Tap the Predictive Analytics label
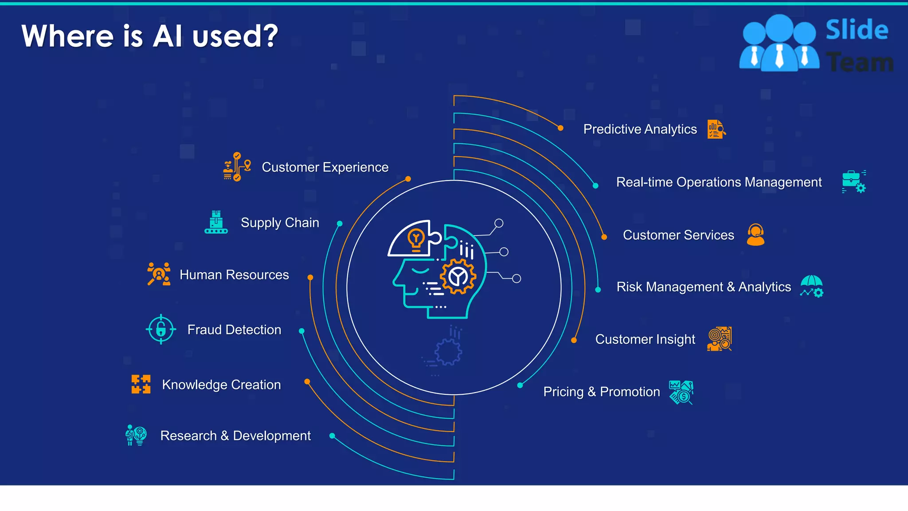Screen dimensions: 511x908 click(x=640, y=129)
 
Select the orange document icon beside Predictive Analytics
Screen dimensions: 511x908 click(x=716, y=129)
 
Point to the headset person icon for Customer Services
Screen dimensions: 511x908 click(x=755, y=235)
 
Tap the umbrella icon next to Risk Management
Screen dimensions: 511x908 click(x=811, y=286)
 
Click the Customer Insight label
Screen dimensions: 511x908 click(x=645, y=339)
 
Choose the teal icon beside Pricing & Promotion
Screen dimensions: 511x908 click(x=681, y=392)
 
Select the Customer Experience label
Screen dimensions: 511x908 click(x=325, y=167)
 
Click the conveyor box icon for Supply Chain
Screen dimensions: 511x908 click(x=216, y=222)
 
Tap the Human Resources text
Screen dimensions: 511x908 click(x=234, y=275)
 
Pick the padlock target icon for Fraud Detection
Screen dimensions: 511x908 click(x=161, y=329)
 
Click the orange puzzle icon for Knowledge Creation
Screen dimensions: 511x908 click(x=141, y=384)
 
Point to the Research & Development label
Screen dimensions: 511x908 click(x=235, y=436)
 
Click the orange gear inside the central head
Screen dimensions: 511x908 click(x=458, y=277)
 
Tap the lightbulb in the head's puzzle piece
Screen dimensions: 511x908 click(x=416, y=240)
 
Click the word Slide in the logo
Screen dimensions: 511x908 click(x=857, y=30)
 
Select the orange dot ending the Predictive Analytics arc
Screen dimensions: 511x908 click(x=560, y=128)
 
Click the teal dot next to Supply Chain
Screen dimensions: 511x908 click(x=340, y=224)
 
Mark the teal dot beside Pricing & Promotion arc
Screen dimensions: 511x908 click(x=520, y=385)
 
